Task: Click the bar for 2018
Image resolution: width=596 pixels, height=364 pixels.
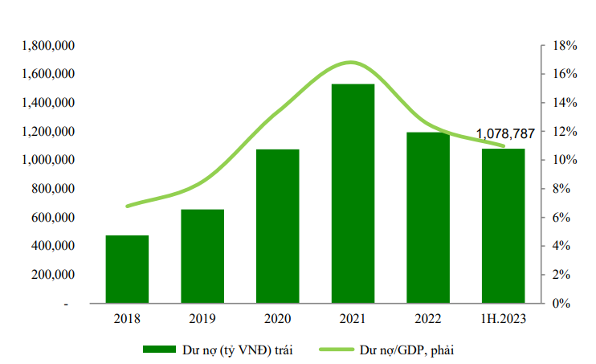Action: pos(127,270)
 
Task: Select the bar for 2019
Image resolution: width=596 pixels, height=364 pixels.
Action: pos(202,257)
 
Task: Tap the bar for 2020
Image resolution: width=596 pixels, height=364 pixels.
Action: pos(277,227)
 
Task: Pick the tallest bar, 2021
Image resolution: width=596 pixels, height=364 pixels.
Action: pos(353,194)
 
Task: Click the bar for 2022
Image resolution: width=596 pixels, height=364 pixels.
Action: pos(427,218)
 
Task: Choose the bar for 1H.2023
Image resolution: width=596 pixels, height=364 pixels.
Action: pos(503,226)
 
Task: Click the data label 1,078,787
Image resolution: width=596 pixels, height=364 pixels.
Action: pos(505,133)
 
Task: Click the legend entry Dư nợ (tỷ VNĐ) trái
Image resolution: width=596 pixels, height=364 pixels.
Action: pos(212,350)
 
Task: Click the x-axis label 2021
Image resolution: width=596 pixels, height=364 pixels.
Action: pos(353,319)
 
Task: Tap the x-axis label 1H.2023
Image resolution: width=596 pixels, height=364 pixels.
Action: pos(503,319)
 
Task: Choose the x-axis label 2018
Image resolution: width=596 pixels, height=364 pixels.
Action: pos(127,319)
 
